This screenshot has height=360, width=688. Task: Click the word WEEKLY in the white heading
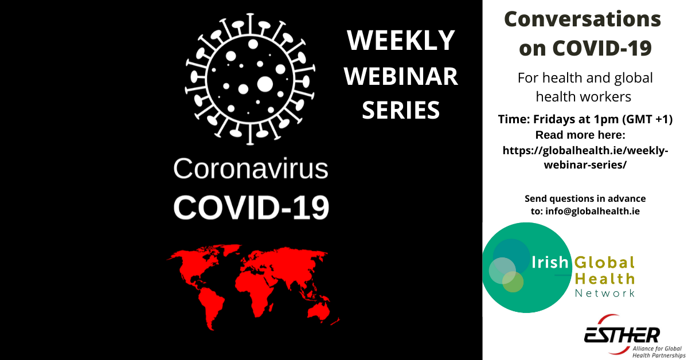(401, 41)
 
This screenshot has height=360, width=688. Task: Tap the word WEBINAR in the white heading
(401, 76)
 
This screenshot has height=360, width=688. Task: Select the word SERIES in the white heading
(401, 109)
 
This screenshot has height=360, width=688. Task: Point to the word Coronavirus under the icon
(251, 170)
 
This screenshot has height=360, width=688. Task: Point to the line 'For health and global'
(585, 77)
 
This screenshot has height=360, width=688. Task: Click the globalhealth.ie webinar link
(585, 157)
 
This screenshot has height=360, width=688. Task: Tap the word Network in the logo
(605, 293)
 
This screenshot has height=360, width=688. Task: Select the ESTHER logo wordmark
(622, 335)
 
